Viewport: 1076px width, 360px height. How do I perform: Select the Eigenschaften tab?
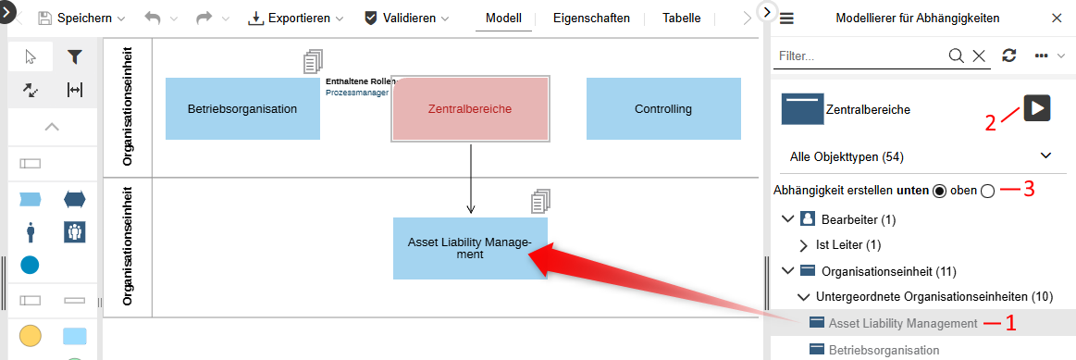click(591, 19)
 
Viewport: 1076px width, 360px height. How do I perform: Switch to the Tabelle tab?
click(681, 19)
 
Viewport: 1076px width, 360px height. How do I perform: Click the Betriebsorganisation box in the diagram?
click(242, 109)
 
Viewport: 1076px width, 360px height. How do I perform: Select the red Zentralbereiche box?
click(470, 109)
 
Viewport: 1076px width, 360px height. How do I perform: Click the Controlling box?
click(663, 109)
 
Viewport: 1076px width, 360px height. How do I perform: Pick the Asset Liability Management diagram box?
click(470, 248)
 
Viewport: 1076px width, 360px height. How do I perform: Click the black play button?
click(1037, 107)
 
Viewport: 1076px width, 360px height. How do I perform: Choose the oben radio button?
click(987, 191)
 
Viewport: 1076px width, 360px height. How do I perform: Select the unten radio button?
click(940, 191)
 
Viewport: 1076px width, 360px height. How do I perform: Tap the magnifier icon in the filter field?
click(957, 56)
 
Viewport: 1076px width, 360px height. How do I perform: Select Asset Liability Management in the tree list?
click(903, 323)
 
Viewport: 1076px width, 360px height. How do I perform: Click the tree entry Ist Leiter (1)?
click(847, 245)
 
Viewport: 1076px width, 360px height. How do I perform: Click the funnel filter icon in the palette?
click(75, 57)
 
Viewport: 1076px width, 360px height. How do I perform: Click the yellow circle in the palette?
click(30, 335)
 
